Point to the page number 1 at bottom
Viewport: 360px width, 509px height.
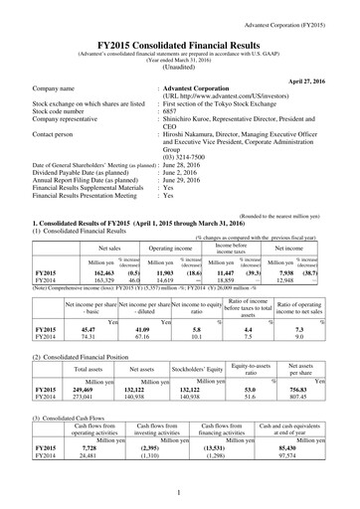pyautogui.click(x=180, y=494)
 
